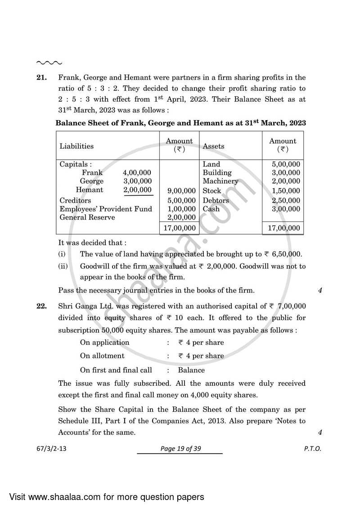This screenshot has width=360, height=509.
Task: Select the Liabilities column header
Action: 76,146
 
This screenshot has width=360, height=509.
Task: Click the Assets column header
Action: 213,146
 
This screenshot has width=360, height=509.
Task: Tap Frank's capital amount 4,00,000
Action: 137,173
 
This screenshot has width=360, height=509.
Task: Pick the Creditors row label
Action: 75,200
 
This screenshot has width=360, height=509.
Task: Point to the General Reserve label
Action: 87,217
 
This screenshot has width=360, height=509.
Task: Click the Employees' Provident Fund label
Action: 106,209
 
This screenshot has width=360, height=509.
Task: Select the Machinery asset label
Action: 220,181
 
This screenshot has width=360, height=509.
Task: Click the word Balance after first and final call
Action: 191,370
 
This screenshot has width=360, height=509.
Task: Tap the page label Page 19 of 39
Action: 180,449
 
